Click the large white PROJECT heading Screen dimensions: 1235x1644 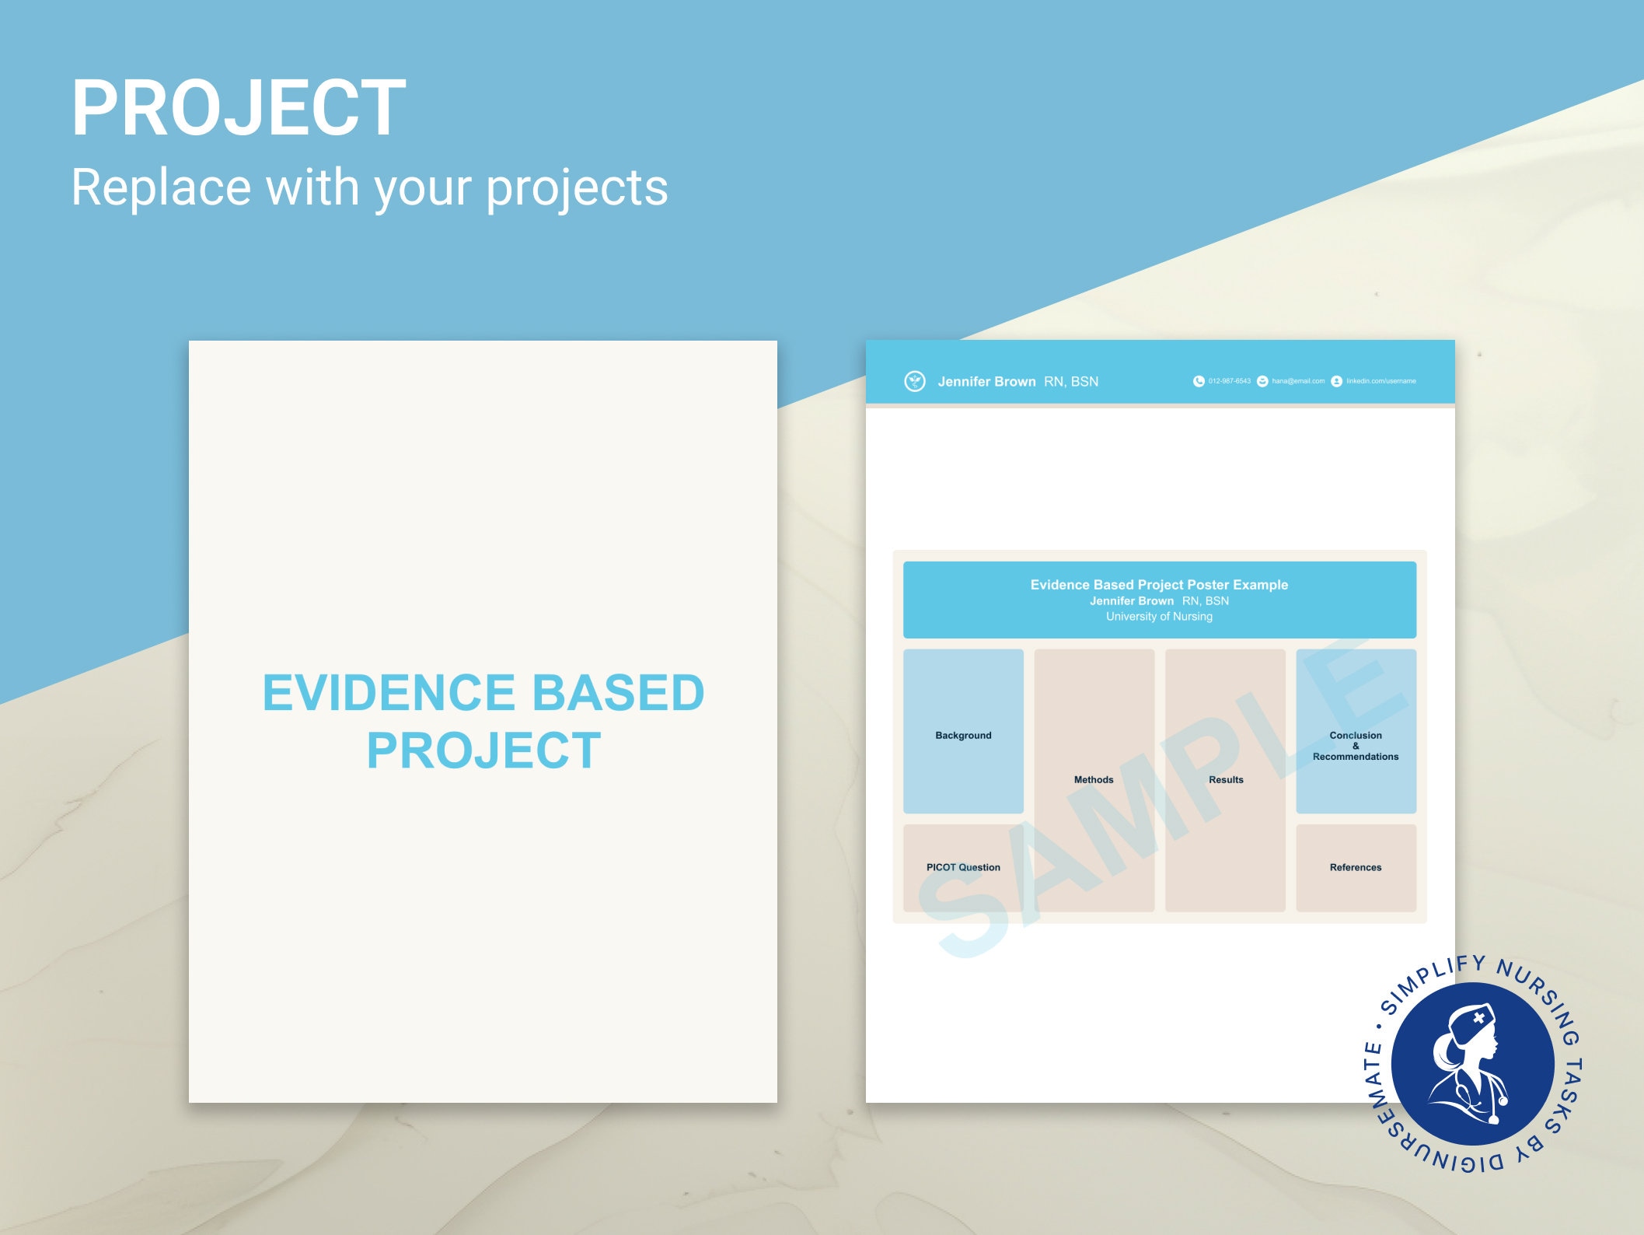point(238,108)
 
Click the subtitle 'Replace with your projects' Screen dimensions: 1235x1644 point(369,187)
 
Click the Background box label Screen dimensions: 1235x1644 point(963,736)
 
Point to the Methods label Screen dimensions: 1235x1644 point(1094,780)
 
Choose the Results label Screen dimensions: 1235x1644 point(1226,780)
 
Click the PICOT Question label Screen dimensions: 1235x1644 point(963,868)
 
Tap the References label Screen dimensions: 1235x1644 point(1356,868)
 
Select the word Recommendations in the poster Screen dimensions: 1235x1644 point(1356,757)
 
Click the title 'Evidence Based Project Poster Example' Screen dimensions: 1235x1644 point(1159,585)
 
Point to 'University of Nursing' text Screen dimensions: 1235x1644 point(1159,617)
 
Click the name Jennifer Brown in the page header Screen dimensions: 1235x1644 point(986,382)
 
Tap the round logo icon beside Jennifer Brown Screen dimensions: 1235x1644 point(915,381)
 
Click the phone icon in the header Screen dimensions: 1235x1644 point(1199,381)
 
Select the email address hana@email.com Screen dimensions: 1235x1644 point(1298,381)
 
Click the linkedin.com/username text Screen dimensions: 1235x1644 point(1381,381)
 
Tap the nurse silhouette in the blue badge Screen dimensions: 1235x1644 point(1465,1065)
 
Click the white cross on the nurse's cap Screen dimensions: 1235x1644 point(1478,1017)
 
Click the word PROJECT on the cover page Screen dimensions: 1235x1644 point(483,751)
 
